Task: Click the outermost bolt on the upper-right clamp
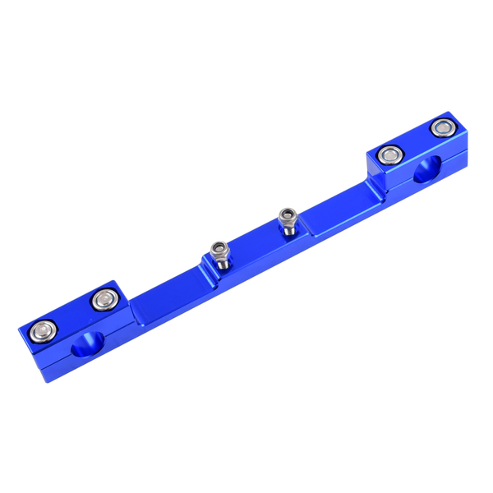point(443,127)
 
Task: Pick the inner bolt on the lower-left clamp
point(103,301)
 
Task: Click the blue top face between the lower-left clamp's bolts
point(71,316)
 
